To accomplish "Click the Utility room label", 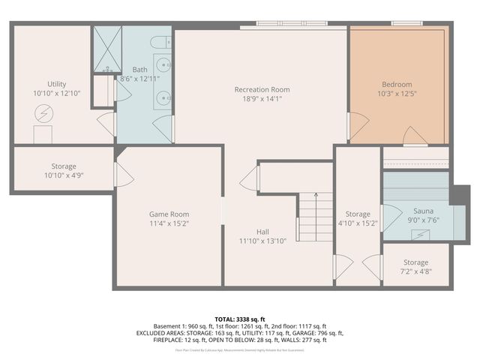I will click(57, 84).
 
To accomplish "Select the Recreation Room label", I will click(262, 90).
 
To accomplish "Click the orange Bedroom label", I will click(397, 85).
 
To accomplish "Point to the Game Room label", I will click(169, 214).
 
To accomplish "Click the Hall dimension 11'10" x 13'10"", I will click(262, 241).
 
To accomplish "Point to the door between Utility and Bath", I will click(107, 124).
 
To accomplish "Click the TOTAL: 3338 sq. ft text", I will click(239, 318).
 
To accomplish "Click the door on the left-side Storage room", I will click(121, 175).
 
